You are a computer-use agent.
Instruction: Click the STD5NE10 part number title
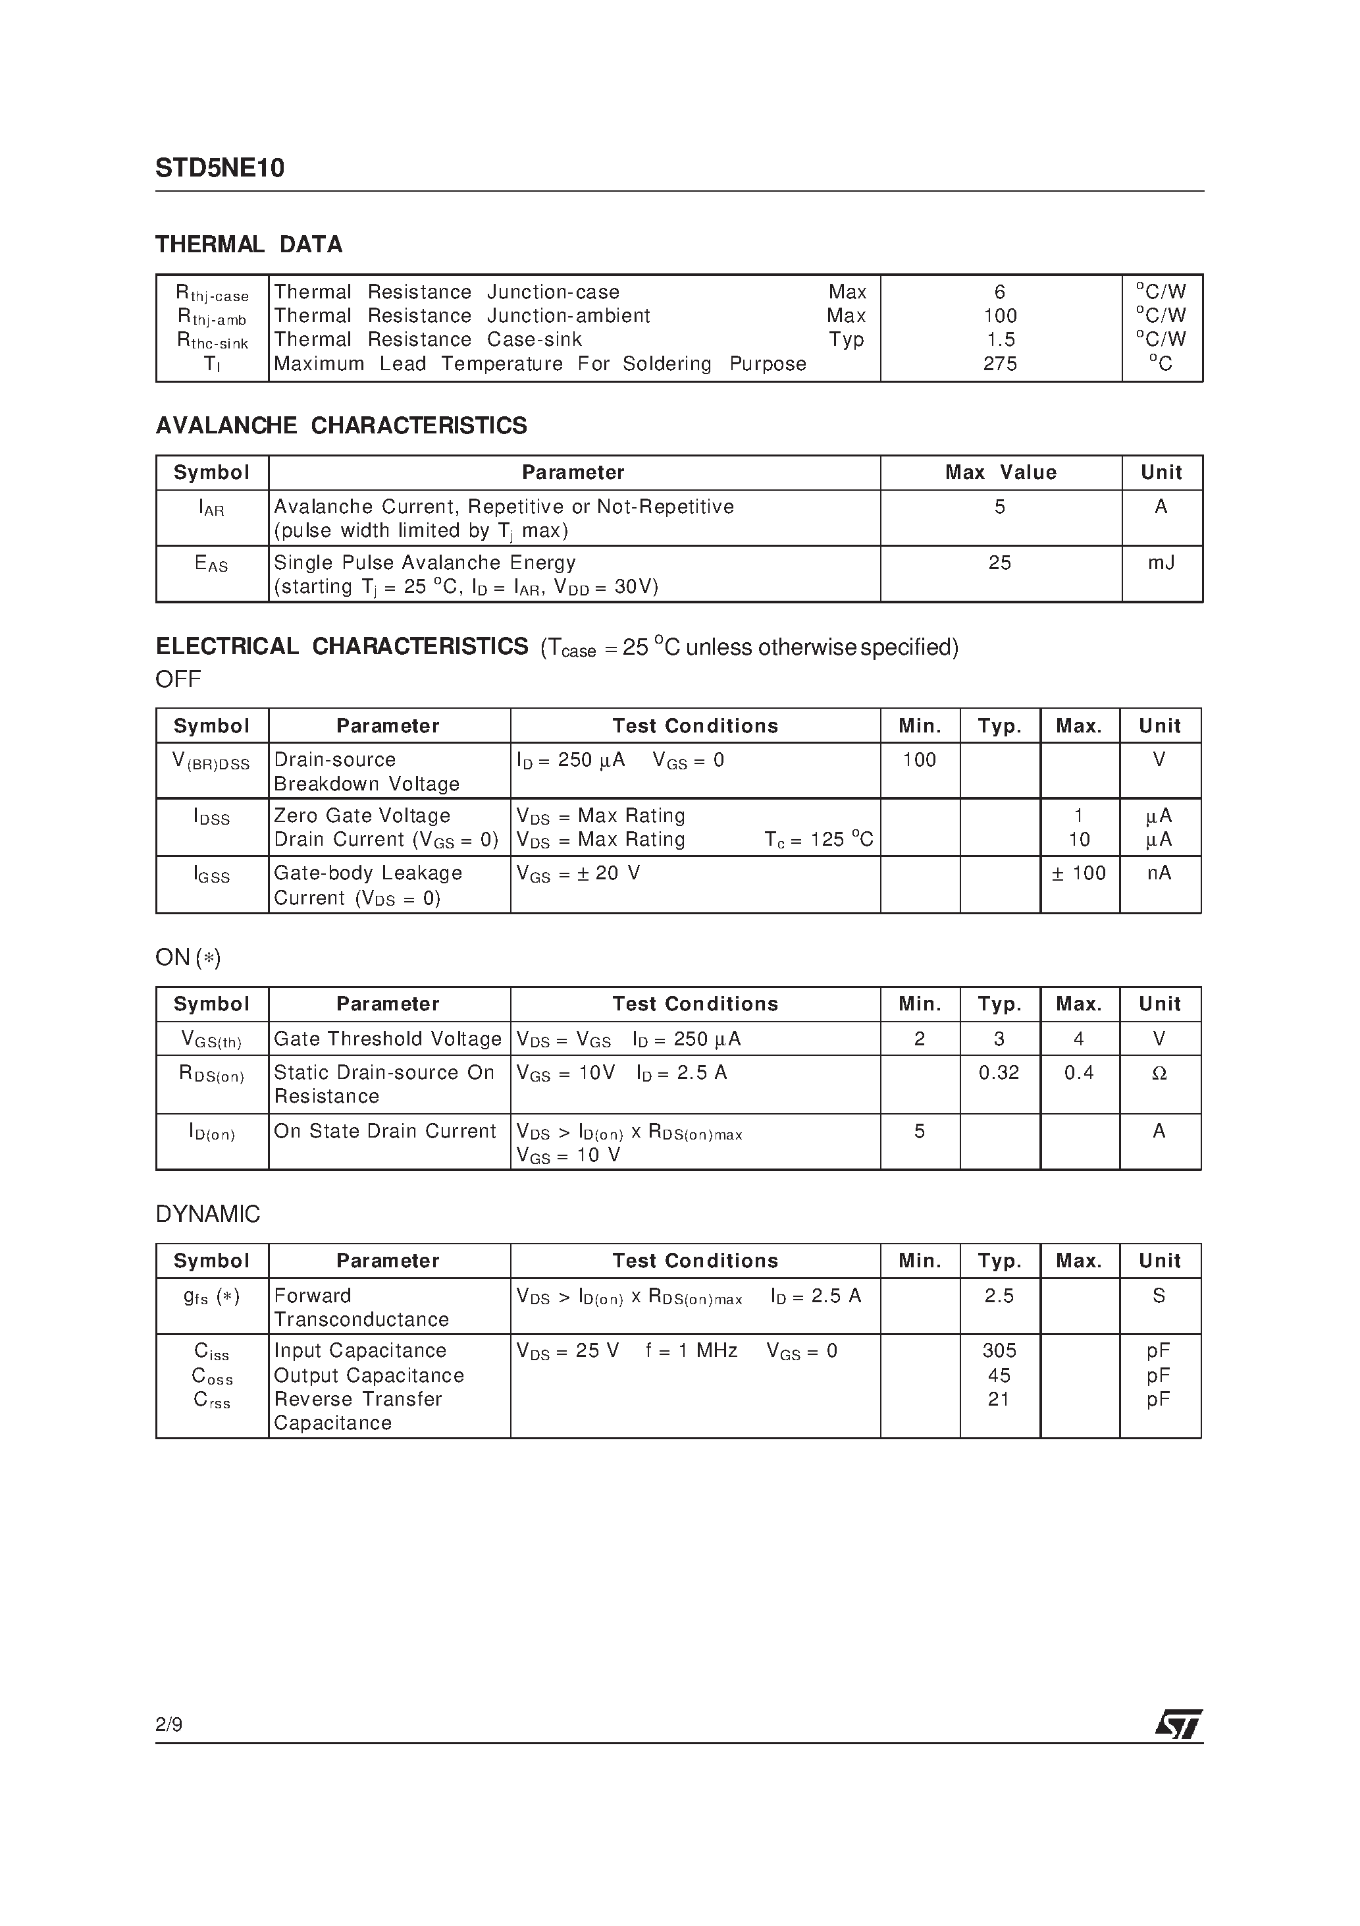220,169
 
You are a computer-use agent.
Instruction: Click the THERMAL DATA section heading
248,244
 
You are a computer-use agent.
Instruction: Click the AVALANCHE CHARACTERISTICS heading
341,426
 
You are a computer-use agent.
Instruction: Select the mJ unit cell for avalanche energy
1161,563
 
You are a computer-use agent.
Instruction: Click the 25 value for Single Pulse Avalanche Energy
999,563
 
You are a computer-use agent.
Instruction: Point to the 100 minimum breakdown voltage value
919,760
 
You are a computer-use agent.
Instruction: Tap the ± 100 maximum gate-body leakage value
1079,873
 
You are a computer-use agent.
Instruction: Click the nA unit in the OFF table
1159,873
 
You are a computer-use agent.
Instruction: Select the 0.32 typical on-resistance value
999,1073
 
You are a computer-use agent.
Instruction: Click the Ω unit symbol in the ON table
1159,1073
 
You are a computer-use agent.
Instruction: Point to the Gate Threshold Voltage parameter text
387,1039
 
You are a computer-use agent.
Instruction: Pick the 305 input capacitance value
999,1350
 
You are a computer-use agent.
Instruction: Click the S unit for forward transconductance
1159,1296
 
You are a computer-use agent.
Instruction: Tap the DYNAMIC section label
208,1214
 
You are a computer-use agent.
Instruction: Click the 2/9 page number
169,1724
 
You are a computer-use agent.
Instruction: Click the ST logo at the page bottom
1178,1724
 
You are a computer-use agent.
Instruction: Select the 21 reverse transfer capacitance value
999,1399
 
